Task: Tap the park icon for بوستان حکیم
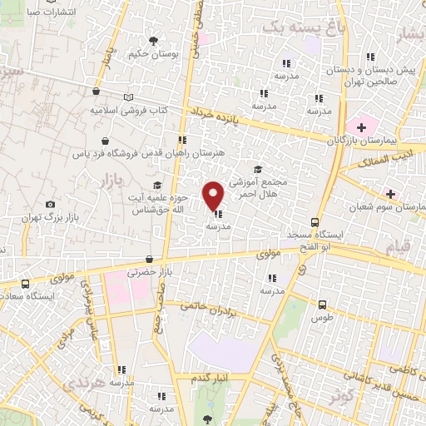(x=153, y=40)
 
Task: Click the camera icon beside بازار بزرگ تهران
(x=51, y=204)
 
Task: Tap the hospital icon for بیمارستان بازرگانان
(x=361, y=127)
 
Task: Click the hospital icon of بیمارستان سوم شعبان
(x=390, y=193)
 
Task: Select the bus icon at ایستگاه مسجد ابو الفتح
(x=315, y=222)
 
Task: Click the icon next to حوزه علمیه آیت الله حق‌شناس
(x=156, y=186)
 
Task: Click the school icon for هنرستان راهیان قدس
(x=181, y=140)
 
